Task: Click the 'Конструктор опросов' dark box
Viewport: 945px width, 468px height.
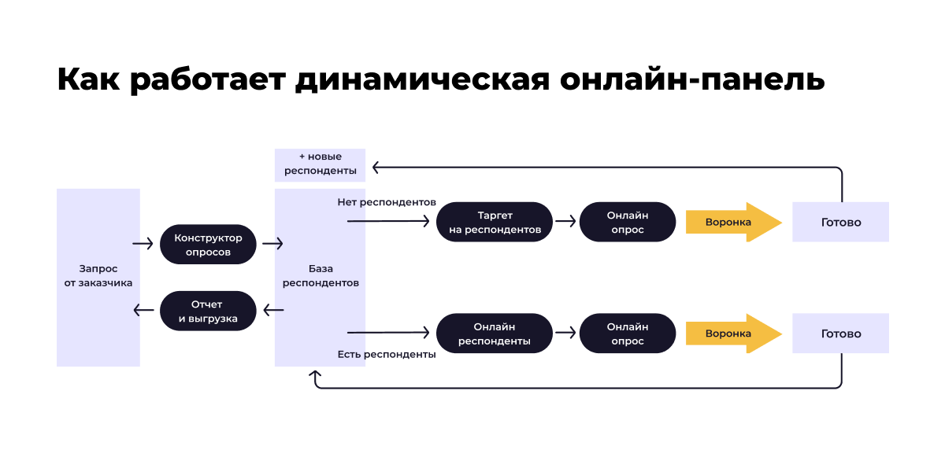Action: tap(209, 245)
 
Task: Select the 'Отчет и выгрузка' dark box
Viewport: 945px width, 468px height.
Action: tap(209, 311)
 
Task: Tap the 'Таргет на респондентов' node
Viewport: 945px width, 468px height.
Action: tap(495, 222)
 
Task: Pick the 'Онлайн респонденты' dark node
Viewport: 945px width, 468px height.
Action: tap(495, 333)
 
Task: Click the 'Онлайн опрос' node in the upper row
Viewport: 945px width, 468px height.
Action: tap(628, 222)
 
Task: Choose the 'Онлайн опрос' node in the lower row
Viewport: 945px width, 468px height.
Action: tap(628, 333)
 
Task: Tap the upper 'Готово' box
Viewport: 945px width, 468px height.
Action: tap(840, 222)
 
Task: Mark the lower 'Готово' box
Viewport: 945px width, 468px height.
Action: tap(840, 333)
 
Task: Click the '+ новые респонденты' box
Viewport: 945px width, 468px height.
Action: tap(320, 164)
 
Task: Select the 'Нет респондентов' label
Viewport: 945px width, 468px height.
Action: tap(387, 202)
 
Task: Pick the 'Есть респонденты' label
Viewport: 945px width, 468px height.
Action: tap(387, 354)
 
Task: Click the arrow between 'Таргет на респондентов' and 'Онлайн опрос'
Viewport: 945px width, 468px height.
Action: tap(565, 222)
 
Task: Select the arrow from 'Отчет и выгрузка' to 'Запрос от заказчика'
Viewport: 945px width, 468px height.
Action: tap(144, 311)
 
